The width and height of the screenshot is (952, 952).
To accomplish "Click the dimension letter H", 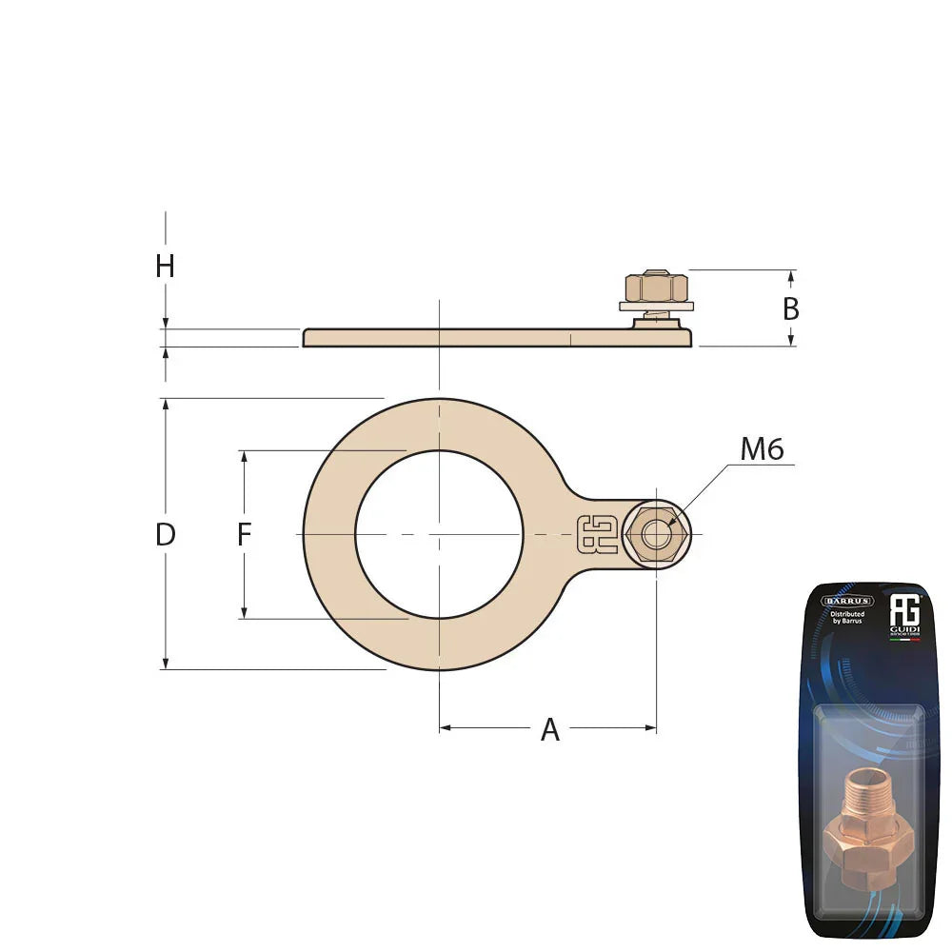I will pos(165,267).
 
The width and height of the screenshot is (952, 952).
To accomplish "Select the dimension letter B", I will pos(790,309).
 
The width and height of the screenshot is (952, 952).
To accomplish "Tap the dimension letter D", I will pos(166,535).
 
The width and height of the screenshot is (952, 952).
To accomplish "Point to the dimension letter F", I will pos(244,536).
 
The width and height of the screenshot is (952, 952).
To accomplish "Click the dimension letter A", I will pos(550,730).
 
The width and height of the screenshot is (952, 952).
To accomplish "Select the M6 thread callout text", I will pos(762,449).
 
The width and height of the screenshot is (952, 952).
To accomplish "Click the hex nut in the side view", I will pos(656,287).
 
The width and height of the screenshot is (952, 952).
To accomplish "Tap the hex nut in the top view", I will pos(656,534).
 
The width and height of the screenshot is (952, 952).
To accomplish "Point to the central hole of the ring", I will pos(439,534).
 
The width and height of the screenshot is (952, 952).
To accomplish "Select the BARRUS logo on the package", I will pos(846,601).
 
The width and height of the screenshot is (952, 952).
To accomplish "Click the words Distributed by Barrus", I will pos(846,619).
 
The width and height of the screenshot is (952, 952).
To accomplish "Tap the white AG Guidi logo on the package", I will pos(902,613).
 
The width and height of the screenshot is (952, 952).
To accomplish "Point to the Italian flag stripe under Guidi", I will pos(903,640).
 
